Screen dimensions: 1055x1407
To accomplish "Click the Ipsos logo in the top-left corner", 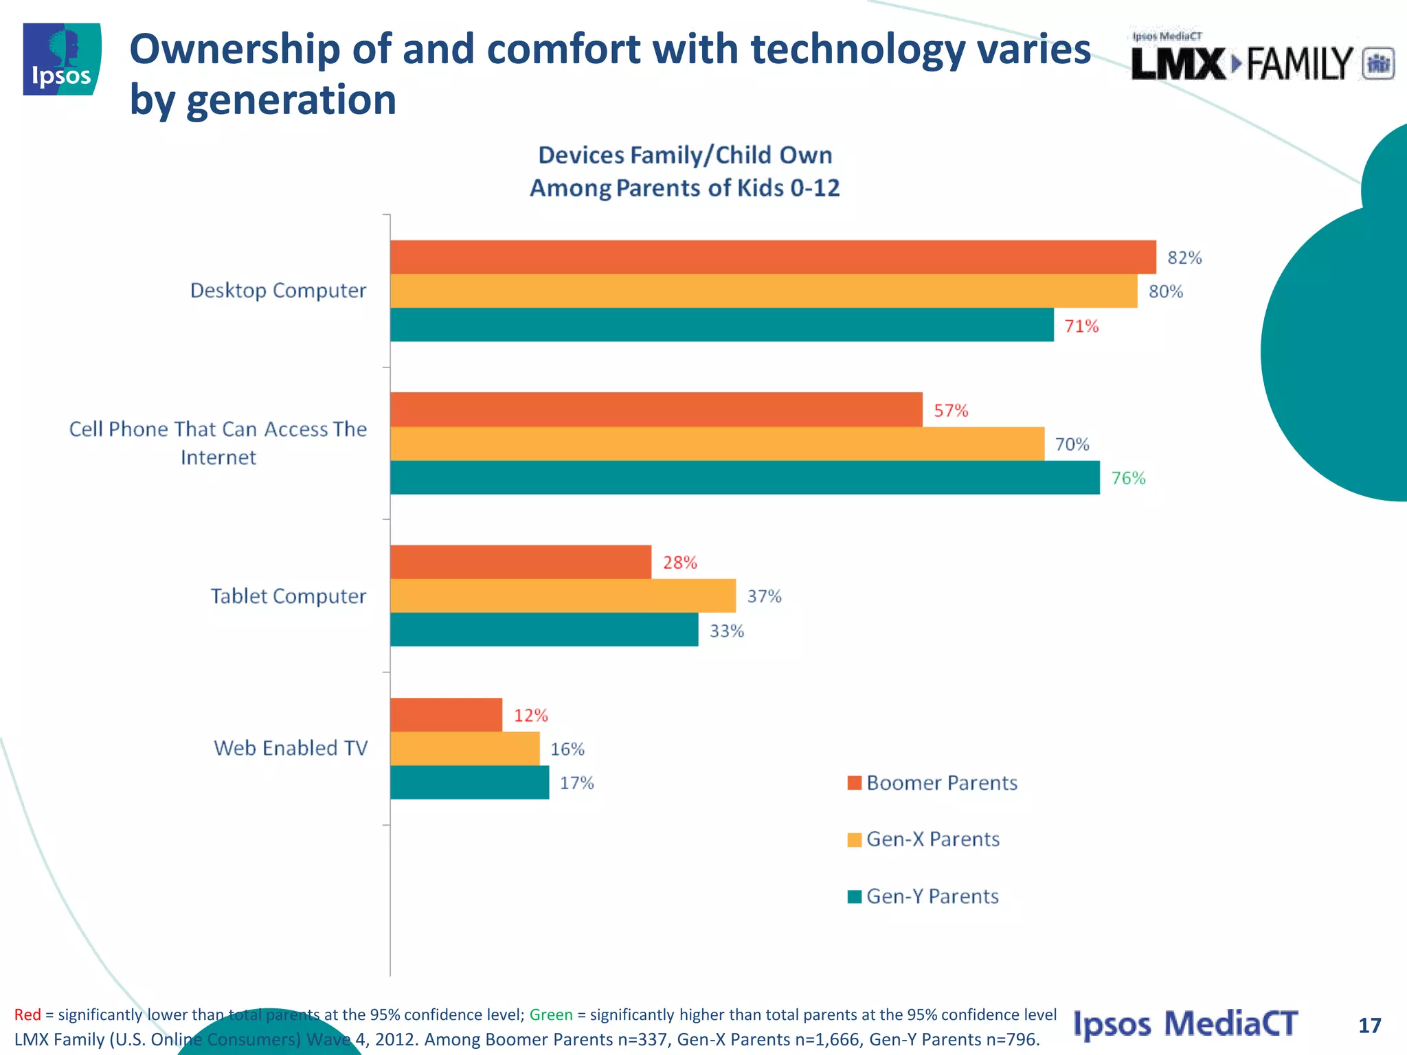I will [62, 59].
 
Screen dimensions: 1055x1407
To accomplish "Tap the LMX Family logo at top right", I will [1261, 60].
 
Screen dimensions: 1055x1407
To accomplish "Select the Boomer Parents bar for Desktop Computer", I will [772, 257].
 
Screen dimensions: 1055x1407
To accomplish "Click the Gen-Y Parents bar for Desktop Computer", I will [721, 325].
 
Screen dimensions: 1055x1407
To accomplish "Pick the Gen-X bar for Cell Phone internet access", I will [717, 444].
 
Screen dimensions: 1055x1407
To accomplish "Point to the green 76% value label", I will [1128, 478].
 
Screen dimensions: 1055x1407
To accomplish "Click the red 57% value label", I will [951, 411].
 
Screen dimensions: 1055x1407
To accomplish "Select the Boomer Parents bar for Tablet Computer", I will [520, 562].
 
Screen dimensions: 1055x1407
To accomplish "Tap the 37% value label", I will [764, 596].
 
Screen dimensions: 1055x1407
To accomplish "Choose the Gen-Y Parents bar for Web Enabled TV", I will [469, 782].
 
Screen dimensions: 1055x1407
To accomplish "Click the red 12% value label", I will [530, 716].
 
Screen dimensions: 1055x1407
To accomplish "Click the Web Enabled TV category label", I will [291, 748].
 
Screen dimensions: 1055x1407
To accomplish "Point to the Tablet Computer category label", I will [288, 596].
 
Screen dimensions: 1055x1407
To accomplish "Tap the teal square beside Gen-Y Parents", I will [855, 896].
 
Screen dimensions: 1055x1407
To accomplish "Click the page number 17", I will [1369, 1025].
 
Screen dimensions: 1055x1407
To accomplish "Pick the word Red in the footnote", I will [27, 1014].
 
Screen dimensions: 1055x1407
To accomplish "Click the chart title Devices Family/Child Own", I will [684, 155].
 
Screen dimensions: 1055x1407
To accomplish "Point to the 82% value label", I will [1184, 258].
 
